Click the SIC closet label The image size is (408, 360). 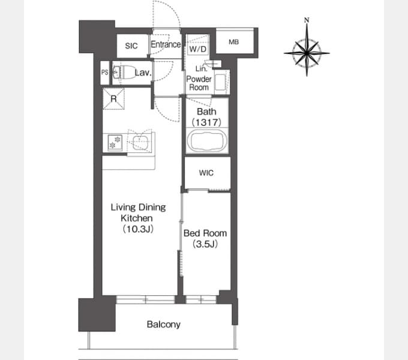click(x=131, y=46)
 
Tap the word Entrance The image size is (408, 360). click(x=166, y=44)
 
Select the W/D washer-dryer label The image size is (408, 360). click(x=198, y=49)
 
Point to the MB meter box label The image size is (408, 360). click(x=233, y=42)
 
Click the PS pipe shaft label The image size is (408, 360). click(x=104, y=73)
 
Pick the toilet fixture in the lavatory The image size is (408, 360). click(x=124, y=72)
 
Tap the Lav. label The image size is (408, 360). click(x=143, y=73)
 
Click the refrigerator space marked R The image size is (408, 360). click(x=114, y=99)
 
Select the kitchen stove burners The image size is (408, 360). click(x=115, y=143)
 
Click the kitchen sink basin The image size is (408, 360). click(x=141, y=142)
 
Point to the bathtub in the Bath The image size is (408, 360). click(x=207, y=141)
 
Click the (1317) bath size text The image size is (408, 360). click(x=206, y=122)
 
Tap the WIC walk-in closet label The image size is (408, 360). click(x=206, y=173)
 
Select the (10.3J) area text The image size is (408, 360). click(x=138, y=229)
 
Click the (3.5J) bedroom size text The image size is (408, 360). click(x=205, y=244)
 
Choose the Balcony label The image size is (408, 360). click(x=163, y=325)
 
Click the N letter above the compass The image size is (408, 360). click(x=307, y=20)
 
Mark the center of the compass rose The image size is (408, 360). click(x=307, y=53)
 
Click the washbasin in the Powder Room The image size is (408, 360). click(x=221, y=82)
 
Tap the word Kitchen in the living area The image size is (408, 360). click(x=137, y=218)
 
